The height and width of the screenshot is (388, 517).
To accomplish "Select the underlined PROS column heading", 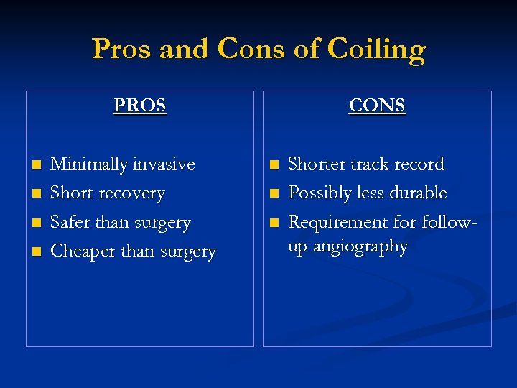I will (140, 106).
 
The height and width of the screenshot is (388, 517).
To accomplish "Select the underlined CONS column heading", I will (377, 106).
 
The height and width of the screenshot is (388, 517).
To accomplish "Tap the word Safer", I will (70, 223).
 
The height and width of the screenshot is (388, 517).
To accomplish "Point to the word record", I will (419, 165).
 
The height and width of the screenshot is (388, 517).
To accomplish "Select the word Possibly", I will (318, 193).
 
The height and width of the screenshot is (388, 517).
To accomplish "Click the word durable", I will (418, 193).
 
